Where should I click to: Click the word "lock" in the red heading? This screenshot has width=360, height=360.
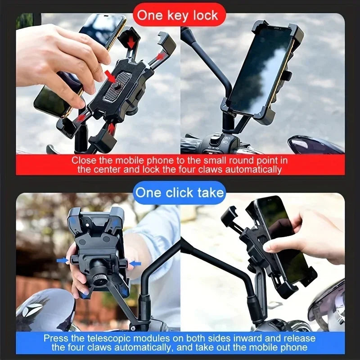click(x=205, y=15)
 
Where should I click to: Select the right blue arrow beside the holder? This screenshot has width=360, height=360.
click(x=135, y=263)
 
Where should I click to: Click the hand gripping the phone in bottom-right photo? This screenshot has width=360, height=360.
click(x=310, y=236)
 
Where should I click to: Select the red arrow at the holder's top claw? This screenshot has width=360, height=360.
click(x=131, y=42)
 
